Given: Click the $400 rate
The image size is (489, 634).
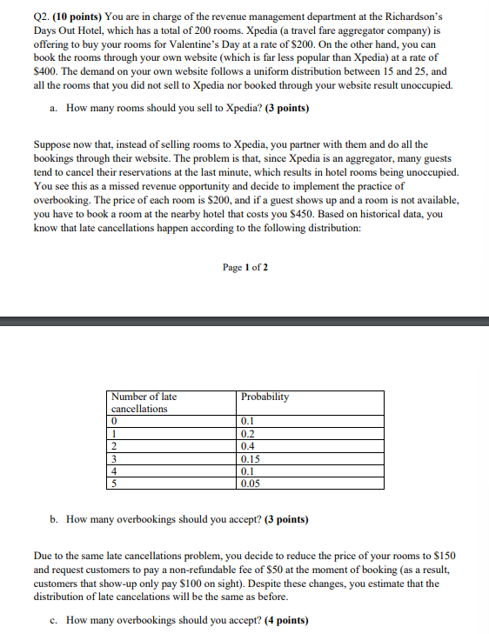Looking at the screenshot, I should pos(44,71).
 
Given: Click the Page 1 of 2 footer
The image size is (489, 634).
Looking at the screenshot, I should pos(245,267).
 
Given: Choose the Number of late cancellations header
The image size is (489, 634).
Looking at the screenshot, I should pos(144,402).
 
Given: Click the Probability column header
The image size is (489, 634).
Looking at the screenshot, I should pos(265,397).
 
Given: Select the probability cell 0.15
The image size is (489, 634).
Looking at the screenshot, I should pos(250,457).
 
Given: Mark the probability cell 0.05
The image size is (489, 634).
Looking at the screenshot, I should pos(250,484).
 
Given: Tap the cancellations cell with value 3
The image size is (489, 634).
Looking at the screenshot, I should pos(114,457).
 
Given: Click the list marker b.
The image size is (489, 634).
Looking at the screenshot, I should pos(54,519).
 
